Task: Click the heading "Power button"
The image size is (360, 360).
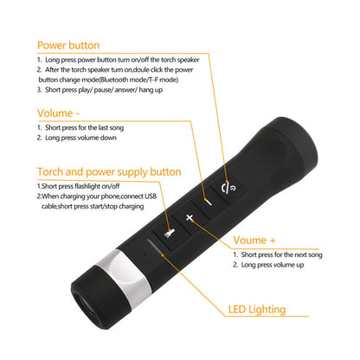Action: point(67,46)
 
